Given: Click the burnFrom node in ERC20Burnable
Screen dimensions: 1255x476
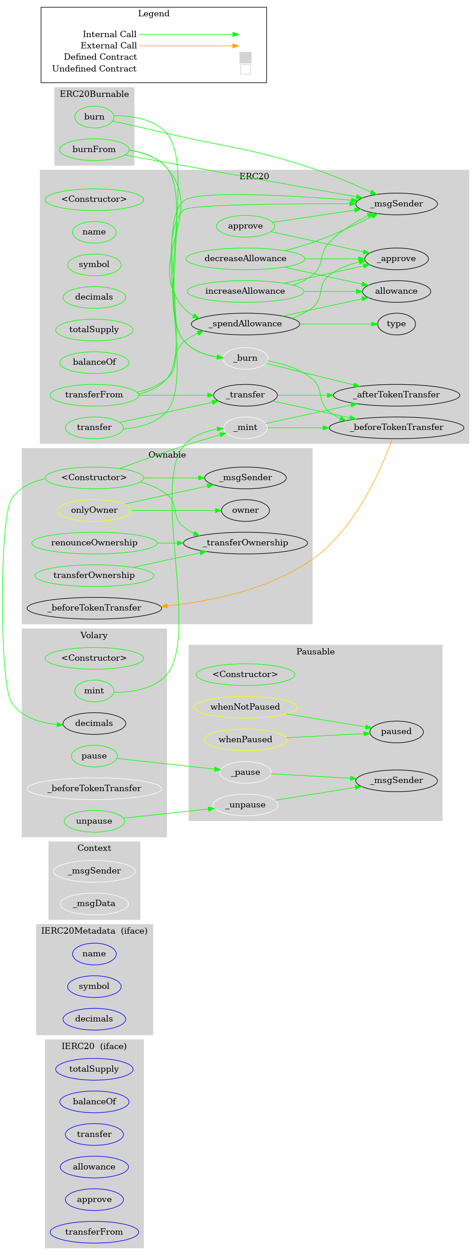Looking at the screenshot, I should [94, 149].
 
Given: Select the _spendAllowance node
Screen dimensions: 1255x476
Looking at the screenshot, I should [246, 324].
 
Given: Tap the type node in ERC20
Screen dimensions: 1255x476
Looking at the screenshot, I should [396, 324].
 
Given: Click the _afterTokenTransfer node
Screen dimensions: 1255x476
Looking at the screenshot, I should [396, 395].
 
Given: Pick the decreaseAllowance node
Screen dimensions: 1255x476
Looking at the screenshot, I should [246, 259].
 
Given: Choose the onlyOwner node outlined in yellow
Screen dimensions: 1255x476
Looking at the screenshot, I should [94, 511].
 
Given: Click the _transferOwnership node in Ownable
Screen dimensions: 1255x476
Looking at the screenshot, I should [246, 543].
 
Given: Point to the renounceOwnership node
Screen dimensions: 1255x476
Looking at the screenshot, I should [94, 543].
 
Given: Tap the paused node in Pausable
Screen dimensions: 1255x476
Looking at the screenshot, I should [396, 732].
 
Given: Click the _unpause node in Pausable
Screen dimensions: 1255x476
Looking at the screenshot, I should [246, 805].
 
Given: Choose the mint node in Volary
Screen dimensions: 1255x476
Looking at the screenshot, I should [94, 691].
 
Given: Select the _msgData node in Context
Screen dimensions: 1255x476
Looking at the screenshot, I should [94, 904].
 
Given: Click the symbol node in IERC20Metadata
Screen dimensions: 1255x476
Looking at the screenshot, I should [94, 987].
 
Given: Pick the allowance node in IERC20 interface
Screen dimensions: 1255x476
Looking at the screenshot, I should [94, 1167].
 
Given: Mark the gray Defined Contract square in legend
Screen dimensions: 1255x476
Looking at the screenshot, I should [246, 57].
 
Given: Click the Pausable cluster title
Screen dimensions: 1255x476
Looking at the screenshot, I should [315, 652].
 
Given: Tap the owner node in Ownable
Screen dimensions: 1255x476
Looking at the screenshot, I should [246, 511].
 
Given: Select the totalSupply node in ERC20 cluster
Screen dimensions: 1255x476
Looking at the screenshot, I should [94, 330].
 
